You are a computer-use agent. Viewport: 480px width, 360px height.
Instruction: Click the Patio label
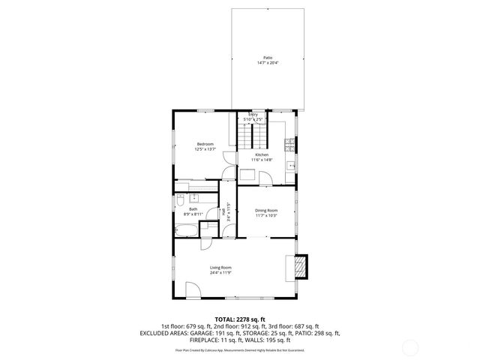[268, 57]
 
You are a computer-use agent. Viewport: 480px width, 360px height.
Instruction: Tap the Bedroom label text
[205, 144]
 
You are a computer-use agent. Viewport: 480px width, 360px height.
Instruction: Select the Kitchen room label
[261, 154]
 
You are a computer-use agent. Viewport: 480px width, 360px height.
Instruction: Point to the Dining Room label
[266, 210]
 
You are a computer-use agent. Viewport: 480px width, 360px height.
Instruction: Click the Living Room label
[220, 268]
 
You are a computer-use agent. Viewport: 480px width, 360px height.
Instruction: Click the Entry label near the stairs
[253, 114]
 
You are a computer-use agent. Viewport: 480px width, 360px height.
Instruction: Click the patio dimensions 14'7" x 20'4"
[268, 63]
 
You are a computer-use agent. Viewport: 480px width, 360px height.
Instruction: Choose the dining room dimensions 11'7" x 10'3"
[266, 216]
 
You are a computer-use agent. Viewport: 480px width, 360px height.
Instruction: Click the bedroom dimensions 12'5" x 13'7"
[205, 150]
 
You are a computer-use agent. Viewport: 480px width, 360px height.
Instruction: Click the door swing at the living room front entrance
[192, 289]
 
